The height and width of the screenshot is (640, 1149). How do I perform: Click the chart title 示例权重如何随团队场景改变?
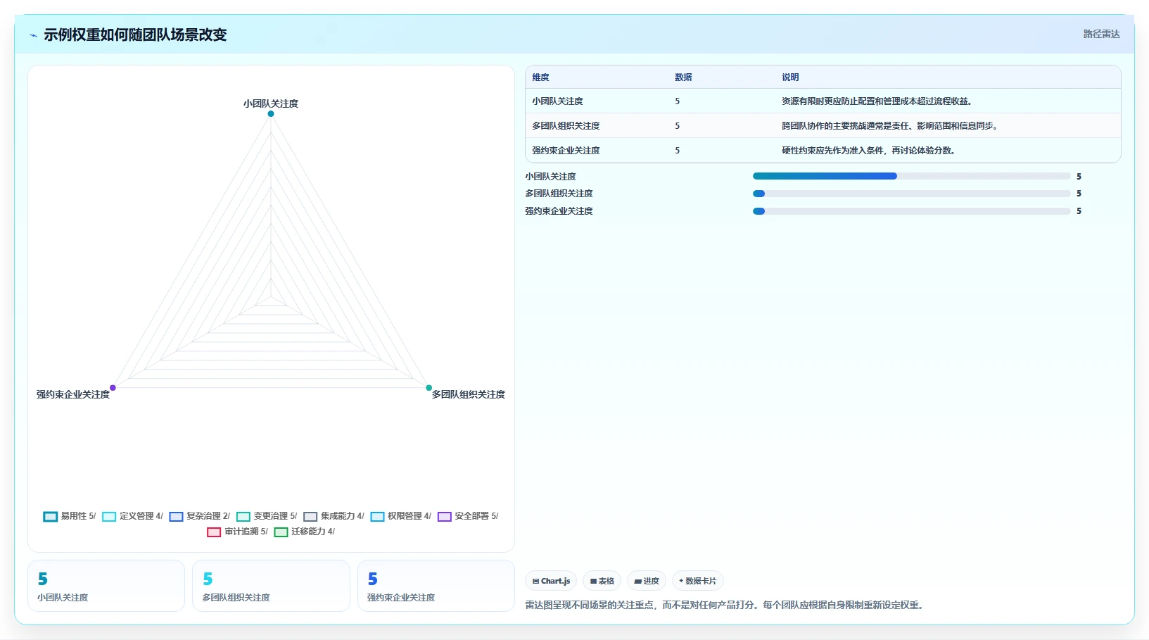tap(135, 35)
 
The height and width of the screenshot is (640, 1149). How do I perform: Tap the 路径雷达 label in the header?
tap(1101, 34)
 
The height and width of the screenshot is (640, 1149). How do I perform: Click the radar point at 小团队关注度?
tap(271, 114)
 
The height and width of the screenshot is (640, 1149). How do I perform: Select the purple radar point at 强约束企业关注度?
tap(113, 387)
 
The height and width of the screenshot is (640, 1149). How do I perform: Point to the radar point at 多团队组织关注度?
tap(429, 387)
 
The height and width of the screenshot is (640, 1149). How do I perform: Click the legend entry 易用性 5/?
tap(69, 516)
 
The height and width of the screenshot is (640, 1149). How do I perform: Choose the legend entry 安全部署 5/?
tap(468, 516)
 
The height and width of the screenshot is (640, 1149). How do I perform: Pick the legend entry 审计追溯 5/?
tap(238, 531)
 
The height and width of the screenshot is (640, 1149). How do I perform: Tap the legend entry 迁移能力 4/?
tap(304, 531)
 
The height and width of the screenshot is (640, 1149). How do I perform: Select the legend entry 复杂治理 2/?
tap(200, 516)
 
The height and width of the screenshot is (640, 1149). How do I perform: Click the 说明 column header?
tap(790, 77)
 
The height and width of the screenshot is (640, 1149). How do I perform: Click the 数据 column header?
tap(683, 77)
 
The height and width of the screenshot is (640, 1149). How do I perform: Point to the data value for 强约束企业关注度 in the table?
tap(677, 151)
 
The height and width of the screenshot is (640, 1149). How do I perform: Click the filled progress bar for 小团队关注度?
tap(825, 176)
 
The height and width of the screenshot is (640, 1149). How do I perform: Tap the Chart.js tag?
tap(552, 581)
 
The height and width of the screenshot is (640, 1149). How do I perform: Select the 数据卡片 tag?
tap(697, 581)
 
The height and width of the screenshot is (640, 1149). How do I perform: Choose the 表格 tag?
tap(602, 581)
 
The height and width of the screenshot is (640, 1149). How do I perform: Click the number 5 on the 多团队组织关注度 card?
tap(208, 579)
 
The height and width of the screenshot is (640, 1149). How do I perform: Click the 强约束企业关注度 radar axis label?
tap(73, 394)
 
